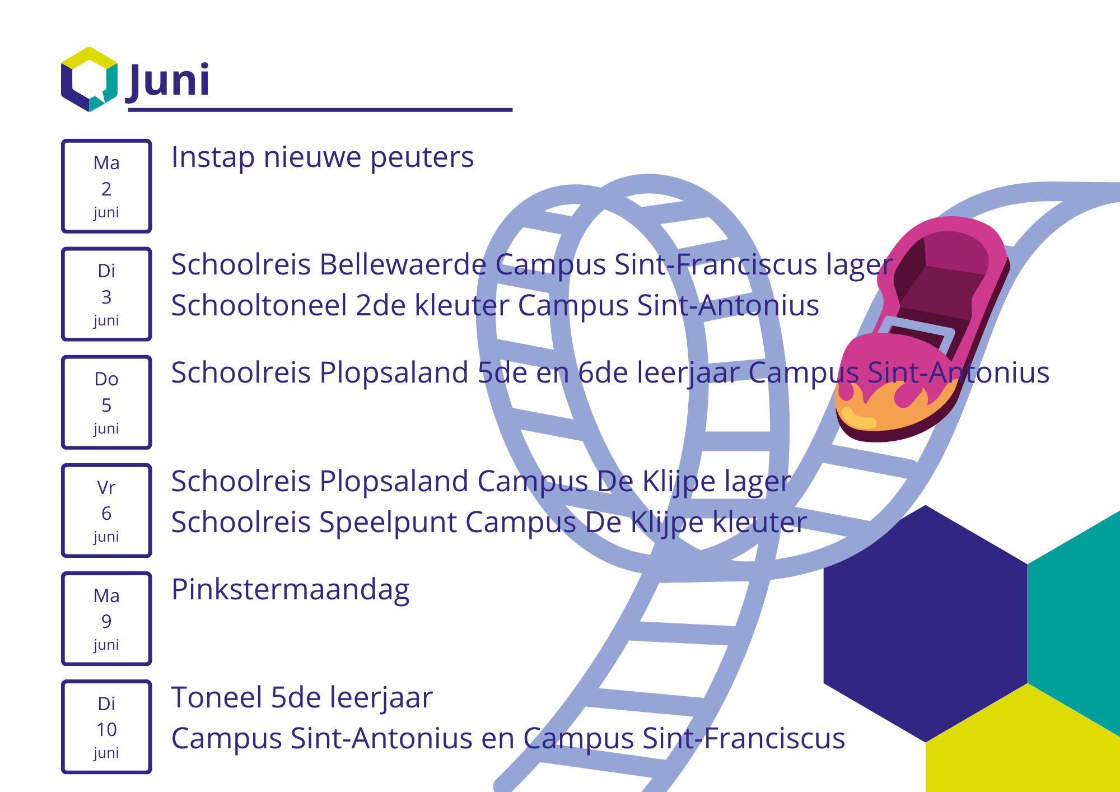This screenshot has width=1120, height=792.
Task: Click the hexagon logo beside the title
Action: point(89,79)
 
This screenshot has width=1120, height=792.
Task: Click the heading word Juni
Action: point(167,81)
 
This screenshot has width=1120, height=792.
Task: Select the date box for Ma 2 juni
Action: point(106,186)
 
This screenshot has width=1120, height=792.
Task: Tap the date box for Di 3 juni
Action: point(106,294)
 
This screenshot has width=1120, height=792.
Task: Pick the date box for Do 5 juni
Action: point(106,402)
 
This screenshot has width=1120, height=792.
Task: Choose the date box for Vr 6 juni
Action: point(106,510)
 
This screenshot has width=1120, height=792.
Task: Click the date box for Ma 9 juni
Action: point(106,618)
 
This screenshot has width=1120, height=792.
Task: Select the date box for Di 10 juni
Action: point(106,726)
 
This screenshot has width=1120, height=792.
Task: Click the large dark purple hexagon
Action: point(926,623)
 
